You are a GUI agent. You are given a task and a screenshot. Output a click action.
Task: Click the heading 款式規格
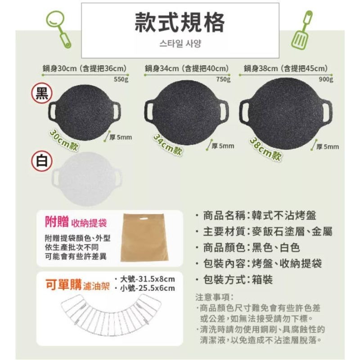(180, 22)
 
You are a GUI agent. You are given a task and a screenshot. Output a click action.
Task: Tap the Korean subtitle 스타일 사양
(180, 44)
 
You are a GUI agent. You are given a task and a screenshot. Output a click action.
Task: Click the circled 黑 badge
(41, 94)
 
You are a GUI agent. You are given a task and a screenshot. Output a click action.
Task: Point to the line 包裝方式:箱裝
(238, 279)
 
